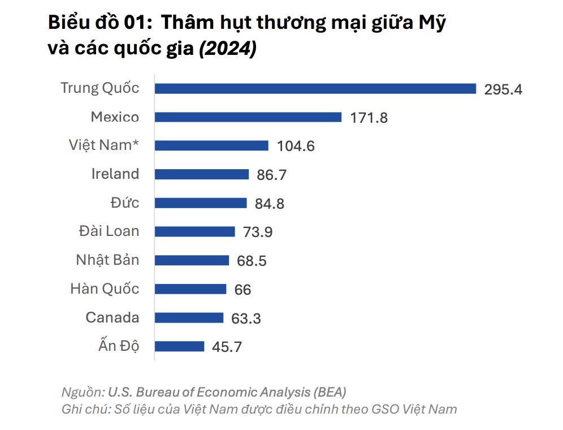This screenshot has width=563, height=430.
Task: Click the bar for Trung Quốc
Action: tap(315, 88)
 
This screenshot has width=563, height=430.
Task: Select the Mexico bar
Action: tap(248, 117)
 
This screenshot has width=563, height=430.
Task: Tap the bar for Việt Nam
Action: tap(211, 145)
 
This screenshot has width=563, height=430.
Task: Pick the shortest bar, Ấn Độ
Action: tap(180, 346)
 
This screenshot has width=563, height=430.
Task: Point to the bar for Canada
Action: tap(189, 317)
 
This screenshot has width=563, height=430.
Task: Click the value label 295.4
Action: tap(503, 89)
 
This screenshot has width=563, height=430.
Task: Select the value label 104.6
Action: tap(296, 146)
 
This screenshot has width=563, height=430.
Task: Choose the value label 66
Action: tap(242, 290)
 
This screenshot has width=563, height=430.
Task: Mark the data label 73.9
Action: tap(258, 232)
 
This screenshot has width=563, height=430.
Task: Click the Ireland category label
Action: tap(115, 174)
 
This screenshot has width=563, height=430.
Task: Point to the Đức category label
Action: tap(125, 203)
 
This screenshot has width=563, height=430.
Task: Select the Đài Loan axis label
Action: tap(109, 231)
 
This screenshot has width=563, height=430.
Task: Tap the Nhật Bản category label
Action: tap(107, 260)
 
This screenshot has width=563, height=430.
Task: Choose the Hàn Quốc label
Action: tap(105, 289)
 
